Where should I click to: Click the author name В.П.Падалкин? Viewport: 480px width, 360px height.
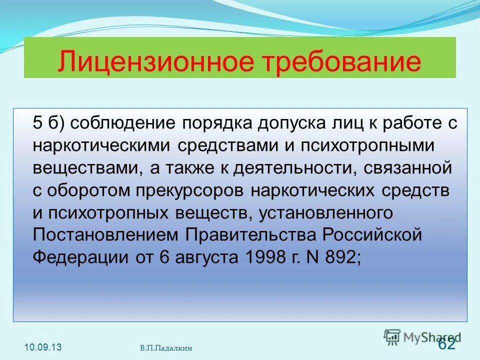(166, 348)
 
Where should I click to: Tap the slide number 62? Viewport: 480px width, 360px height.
(446, 344)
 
